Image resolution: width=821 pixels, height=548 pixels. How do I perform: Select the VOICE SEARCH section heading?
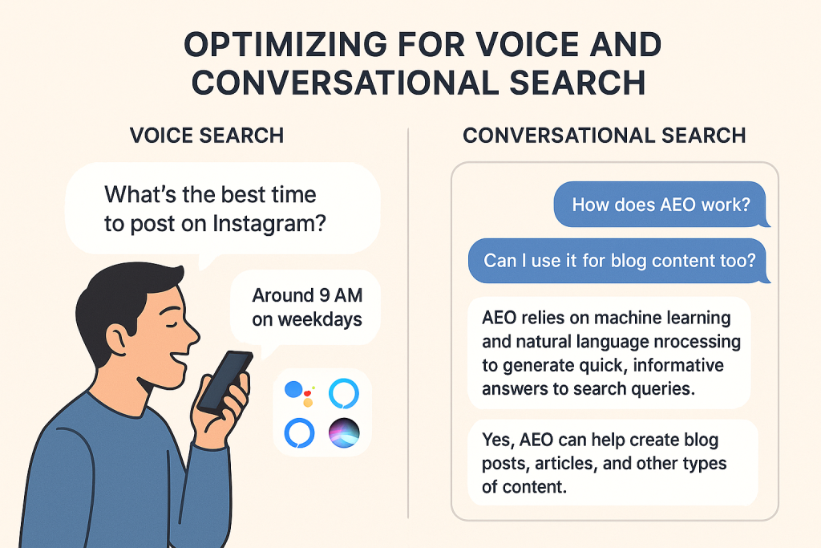pyautogui.click(x=207, y=136)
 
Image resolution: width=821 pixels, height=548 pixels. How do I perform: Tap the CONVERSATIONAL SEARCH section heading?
pyautogui.click(x=605, y=136)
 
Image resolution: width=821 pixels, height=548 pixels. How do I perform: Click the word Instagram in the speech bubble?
pyautogui.click(x=269, y=224)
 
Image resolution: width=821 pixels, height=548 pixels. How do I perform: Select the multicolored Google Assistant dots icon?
pyautogui.click(x=299, y=394)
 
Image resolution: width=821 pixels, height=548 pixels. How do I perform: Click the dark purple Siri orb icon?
pyautogui.click(x=344, y=433)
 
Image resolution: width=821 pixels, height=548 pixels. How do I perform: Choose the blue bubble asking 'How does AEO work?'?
pyautogui.click(x=661, y=205)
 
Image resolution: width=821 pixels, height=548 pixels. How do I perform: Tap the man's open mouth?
pyautogui.click(x=179, y=360)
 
